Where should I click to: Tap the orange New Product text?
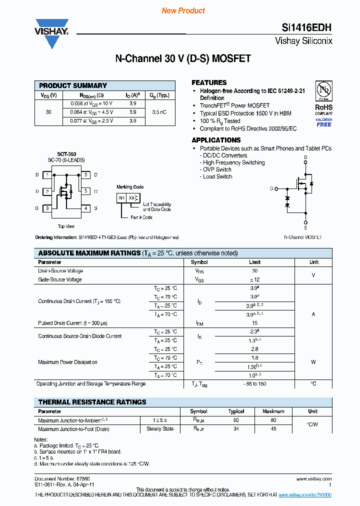[x=183, y=10]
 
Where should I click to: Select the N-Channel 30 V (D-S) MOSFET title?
[x=183, y=58]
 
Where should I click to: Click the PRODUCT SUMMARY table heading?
[x=73, y=85]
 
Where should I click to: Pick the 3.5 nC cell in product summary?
[x=159, y=112]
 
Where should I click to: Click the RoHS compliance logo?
[x=323, y=95]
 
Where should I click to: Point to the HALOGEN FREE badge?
[x=323, y=122]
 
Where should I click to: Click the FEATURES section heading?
[x=209, y=82]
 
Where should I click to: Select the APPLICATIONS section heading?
[x=216, y=140]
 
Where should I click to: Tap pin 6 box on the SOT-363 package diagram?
[x=86, y=175]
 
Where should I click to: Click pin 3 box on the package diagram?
[x=47, y=208]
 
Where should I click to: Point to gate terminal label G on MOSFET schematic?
[x=271, y=189]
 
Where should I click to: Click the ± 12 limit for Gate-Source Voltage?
[x=255, y=279]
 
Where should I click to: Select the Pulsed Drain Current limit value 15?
[x=255, y=323]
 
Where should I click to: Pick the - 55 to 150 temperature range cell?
[x=255, y=384]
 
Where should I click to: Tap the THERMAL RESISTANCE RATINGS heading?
[x=92, y=402]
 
